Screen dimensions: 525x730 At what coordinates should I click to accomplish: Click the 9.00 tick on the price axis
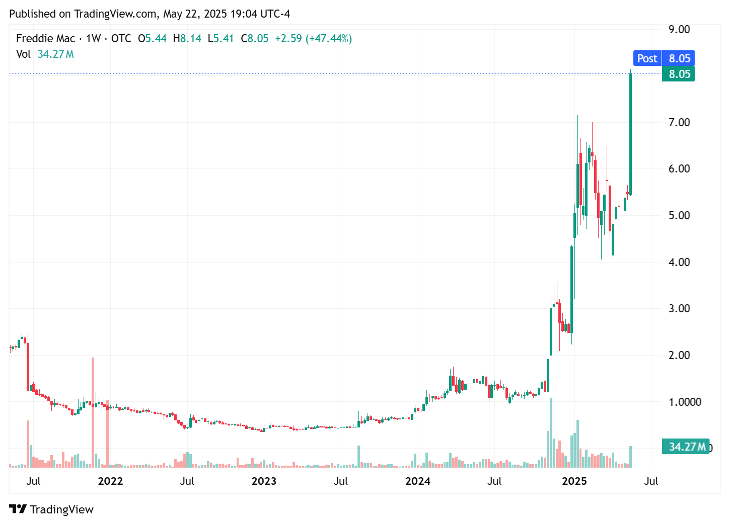[x=679, y=29]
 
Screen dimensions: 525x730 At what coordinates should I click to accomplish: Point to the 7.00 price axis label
[x=679, y=122]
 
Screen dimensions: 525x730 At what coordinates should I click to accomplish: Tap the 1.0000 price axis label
[x=684, y=402]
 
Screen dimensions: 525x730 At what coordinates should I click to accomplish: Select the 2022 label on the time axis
[x=110, y=481]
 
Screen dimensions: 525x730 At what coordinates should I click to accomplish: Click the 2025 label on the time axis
[x=574, y=481]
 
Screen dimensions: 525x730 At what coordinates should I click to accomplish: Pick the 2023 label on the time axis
[x=264, y=481]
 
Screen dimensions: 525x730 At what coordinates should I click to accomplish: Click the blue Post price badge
[x=647, y=58]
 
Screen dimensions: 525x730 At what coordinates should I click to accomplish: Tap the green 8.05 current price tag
[x=679, y=74]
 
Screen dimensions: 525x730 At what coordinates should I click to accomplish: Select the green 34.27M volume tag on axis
[x=686, y=447]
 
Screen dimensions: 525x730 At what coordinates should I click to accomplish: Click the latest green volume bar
[x=630, y=457]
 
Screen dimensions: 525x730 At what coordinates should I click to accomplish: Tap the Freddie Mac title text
[x=45, y=39]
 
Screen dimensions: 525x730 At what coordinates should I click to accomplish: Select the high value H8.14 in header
[x=187, y=39]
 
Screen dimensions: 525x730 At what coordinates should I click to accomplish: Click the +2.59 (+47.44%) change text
[x=313, y=39]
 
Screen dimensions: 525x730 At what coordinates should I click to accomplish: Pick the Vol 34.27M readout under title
[x=45, y=54]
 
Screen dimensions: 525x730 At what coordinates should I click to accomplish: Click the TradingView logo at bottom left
[x=51, y=509]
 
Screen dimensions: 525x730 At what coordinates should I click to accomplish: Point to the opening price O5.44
[x=152, y=39]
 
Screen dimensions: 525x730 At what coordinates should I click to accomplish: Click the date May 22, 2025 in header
[x=194, y=14]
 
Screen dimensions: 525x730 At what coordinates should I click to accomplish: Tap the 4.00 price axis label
[x=679, y=262]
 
